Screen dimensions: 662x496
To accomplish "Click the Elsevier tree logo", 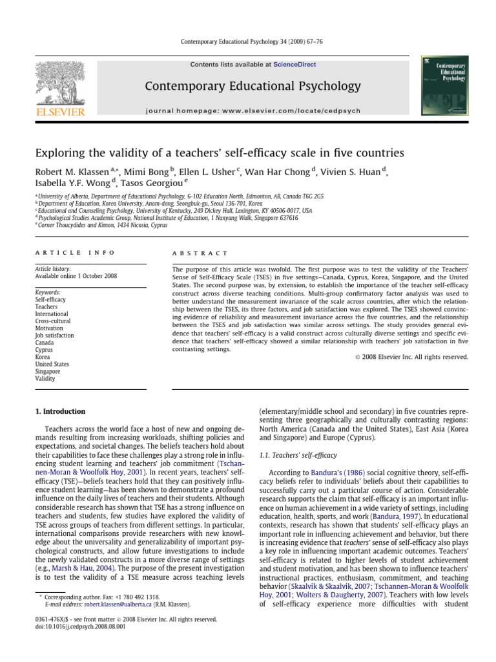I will (x=59, y=83).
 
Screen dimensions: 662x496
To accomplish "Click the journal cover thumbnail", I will (x=444, y=87).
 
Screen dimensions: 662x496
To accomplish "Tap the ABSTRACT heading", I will (x=200, y=253).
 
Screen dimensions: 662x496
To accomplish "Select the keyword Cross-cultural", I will (x=53, y=321).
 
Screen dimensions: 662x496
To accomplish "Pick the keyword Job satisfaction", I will (x=55, y=336).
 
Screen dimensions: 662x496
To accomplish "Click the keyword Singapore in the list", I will (x=48, y=371).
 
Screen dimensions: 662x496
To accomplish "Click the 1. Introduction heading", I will (x=59, y=411).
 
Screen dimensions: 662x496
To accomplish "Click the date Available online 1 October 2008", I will (x=76, y=276).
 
